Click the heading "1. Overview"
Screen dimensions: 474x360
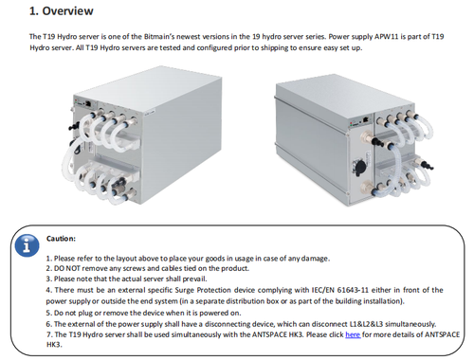click(62, 11)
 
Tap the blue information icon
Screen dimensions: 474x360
click(27, 245)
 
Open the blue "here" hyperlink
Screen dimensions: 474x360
click(353, 334)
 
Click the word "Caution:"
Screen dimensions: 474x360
click(61, 239)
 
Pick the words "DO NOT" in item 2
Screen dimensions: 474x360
click(64, 268)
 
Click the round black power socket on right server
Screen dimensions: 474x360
click(359, 166)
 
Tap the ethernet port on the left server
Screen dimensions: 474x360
click(89, 103)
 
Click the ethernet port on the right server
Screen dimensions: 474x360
click(366, 119)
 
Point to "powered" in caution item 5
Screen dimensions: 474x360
click(213, 313)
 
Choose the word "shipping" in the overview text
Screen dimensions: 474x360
click(264, 48)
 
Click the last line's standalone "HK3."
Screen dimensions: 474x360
click(54, 345)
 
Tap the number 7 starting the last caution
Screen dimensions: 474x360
click(48, 334)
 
